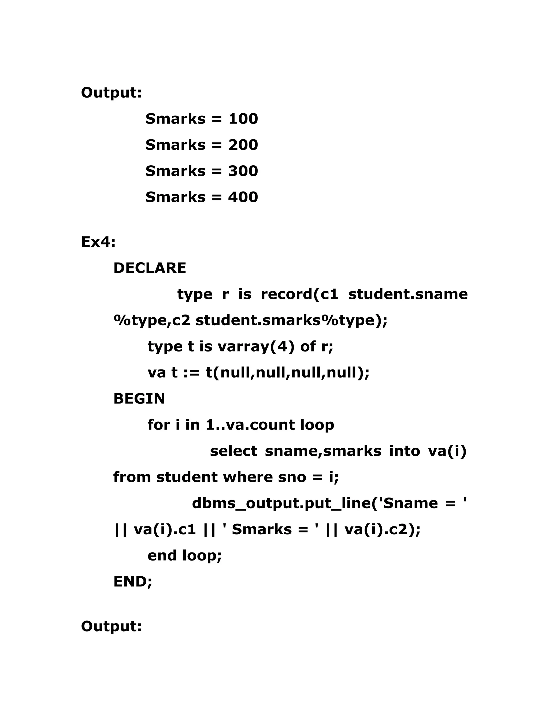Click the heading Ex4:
tap(98, 242)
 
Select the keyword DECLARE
tap(150, 268)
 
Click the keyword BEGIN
tap(139, 399)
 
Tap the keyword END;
tap(133, 582)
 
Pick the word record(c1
tap(299, 294)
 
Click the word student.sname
tap(408, 294)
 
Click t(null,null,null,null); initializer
tap(288, 373)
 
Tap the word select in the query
tap(233, 451)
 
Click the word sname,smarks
tap(323, 451)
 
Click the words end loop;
tap(184, 556)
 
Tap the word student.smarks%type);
tap(291, 320)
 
